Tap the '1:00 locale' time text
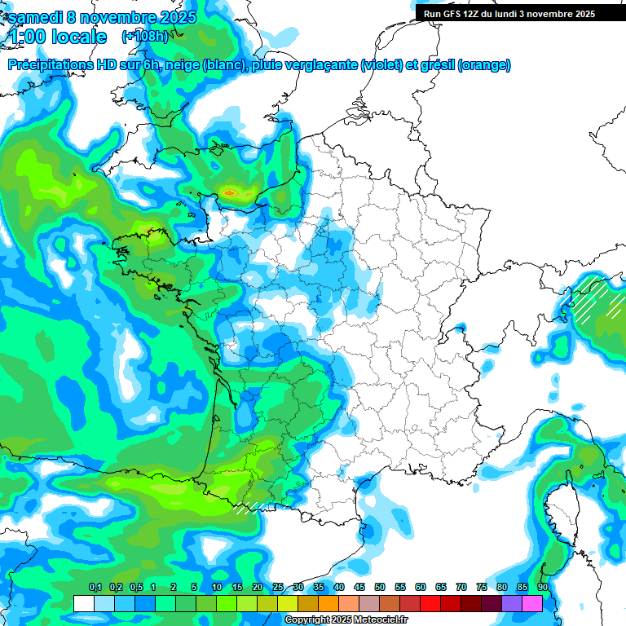tap(57, 37)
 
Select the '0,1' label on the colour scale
tap(95, 588)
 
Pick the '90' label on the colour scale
tap(542, 588)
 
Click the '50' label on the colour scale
tap(380, 588)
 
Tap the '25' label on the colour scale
tap(278, 588)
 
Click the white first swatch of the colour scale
tap(83, 603)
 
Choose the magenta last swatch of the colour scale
tap(531, 603)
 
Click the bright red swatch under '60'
tap(430, 603)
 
